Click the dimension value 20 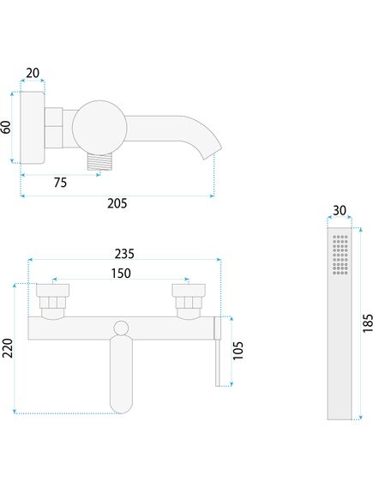pyautogui.click(x=32, y=73)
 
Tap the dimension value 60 pyautogui.click(x=7, y=127)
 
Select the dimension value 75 pyautogui.click(x=60, y=182)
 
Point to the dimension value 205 pyautogui.click(x=117, y=203)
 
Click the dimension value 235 pyautogui.click(x=125, y=254)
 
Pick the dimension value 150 pyautogui.click(x=121, y=273)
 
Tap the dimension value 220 pyautogui.click(x=8, y=348)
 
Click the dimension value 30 pyautogui.click(x=340, y=211)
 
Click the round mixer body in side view pyautogui.click(x=98, y=125)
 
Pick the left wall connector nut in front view pyautogui.click(x=53, y=302)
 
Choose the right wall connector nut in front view pyautogui.click(x=189, y=302)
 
